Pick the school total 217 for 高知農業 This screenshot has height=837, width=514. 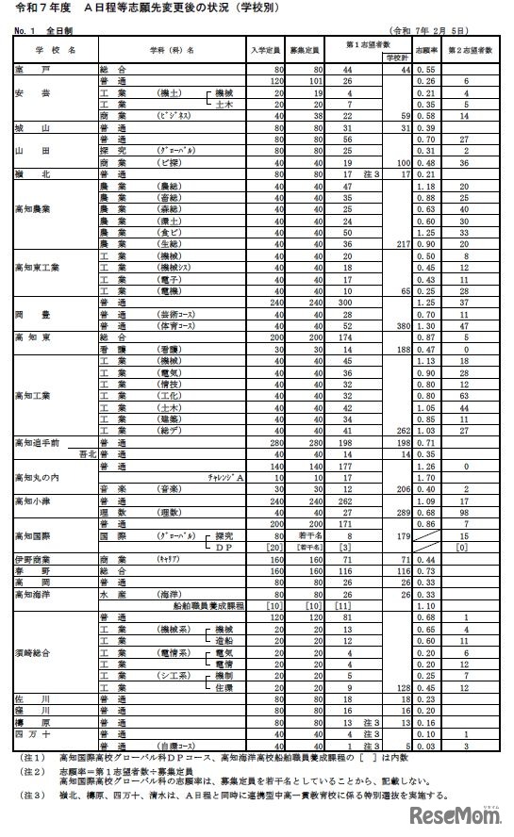click(397, 242)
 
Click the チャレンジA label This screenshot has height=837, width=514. click(226, 478)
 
